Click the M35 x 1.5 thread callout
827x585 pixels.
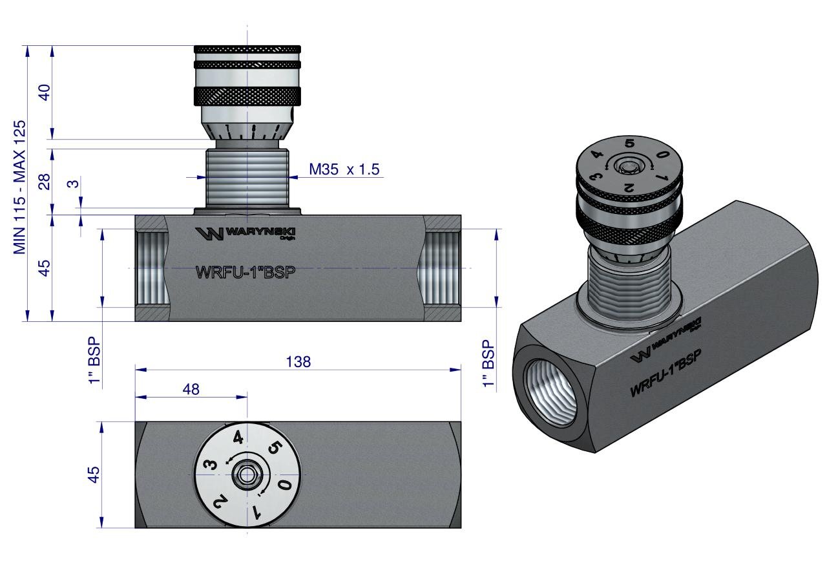[x=343, y=170]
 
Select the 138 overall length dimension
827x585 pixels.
[x=298, y=362]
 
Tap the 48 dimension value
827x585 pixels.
[x=191, y=389]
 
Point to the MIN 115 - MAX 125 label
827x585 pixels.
[x=20, y=187]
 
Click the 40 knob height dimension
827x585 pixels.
[x=44, y=92]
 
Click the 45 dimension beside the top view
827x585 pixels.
[x=94, y=474]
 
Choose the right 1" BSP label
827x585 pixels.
[x=488, y=365]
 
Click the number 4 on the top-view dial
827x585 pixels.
[x=238, y=438]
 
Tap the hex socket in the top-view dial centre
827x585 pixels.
[x=246, y=475]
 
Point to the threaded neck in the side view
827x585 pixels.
[x=247, y=178]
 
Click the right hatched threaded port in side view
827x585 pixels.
[x=443, y=268]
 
